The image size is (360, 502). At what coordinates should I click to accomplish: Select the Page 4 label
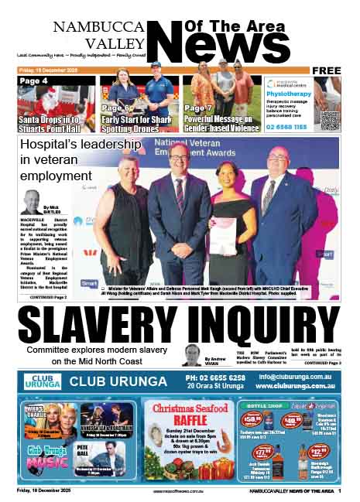click(x=34, y=81)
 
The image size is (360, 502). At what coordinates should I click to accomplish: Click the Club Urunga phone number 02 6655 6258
click(x=215, y=377)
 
